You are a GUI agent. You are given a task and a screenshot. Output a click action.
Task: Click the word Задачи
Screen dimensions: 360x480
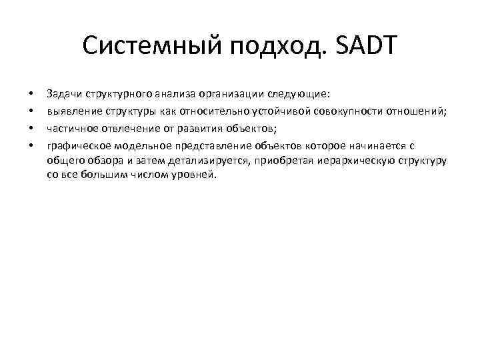click(x=63, y=93)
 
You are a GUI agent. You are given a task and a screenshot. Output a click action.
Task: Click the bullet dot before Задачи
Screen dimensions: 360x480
click(x=31, y=93)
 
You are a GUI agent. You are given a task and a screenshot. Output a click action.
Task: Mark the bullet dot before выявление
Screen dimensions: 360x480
click(x=31, y=110)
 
